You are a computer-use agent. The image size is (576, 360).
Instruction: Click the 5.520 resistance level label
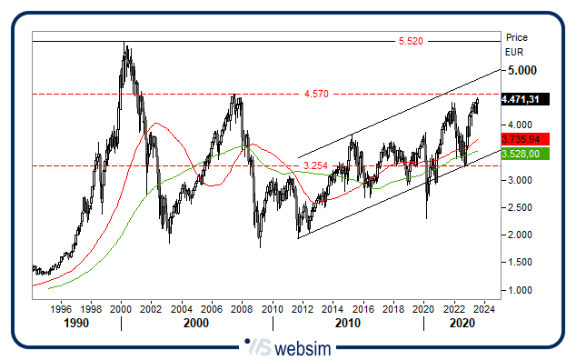point(412,41)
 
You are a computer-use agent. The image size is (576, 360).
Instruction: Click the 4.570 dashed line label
point(316,94)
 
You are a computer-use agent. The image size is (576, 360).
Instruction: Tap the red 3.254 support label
point(315,165)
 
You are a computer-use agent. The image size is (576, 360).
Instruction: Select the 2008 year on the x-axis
point(241,309)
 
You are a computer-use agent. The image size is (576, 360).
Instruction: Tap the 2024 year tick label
point(483,309)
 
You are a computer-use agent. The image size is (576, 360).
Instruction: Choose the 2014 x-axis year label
point(332,309)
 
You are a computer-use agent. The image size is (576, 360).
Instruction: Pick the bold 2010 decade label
point(346,323)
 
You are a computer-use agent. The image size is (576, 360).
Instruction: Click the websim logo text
point(301,347)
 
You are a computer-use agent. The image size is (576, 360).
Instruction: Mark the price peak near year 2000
point(125,44)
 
